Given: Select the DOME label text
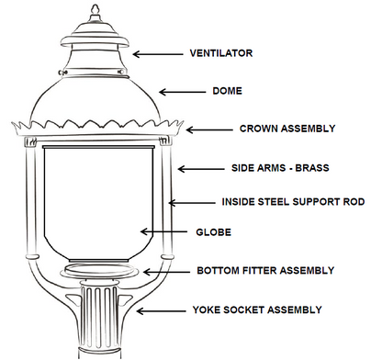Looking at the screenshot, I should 228,92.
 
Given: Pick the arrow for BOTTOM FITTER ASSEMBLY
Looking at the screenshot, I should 168,272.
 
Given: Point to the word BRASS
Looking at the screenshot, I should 310,170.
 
